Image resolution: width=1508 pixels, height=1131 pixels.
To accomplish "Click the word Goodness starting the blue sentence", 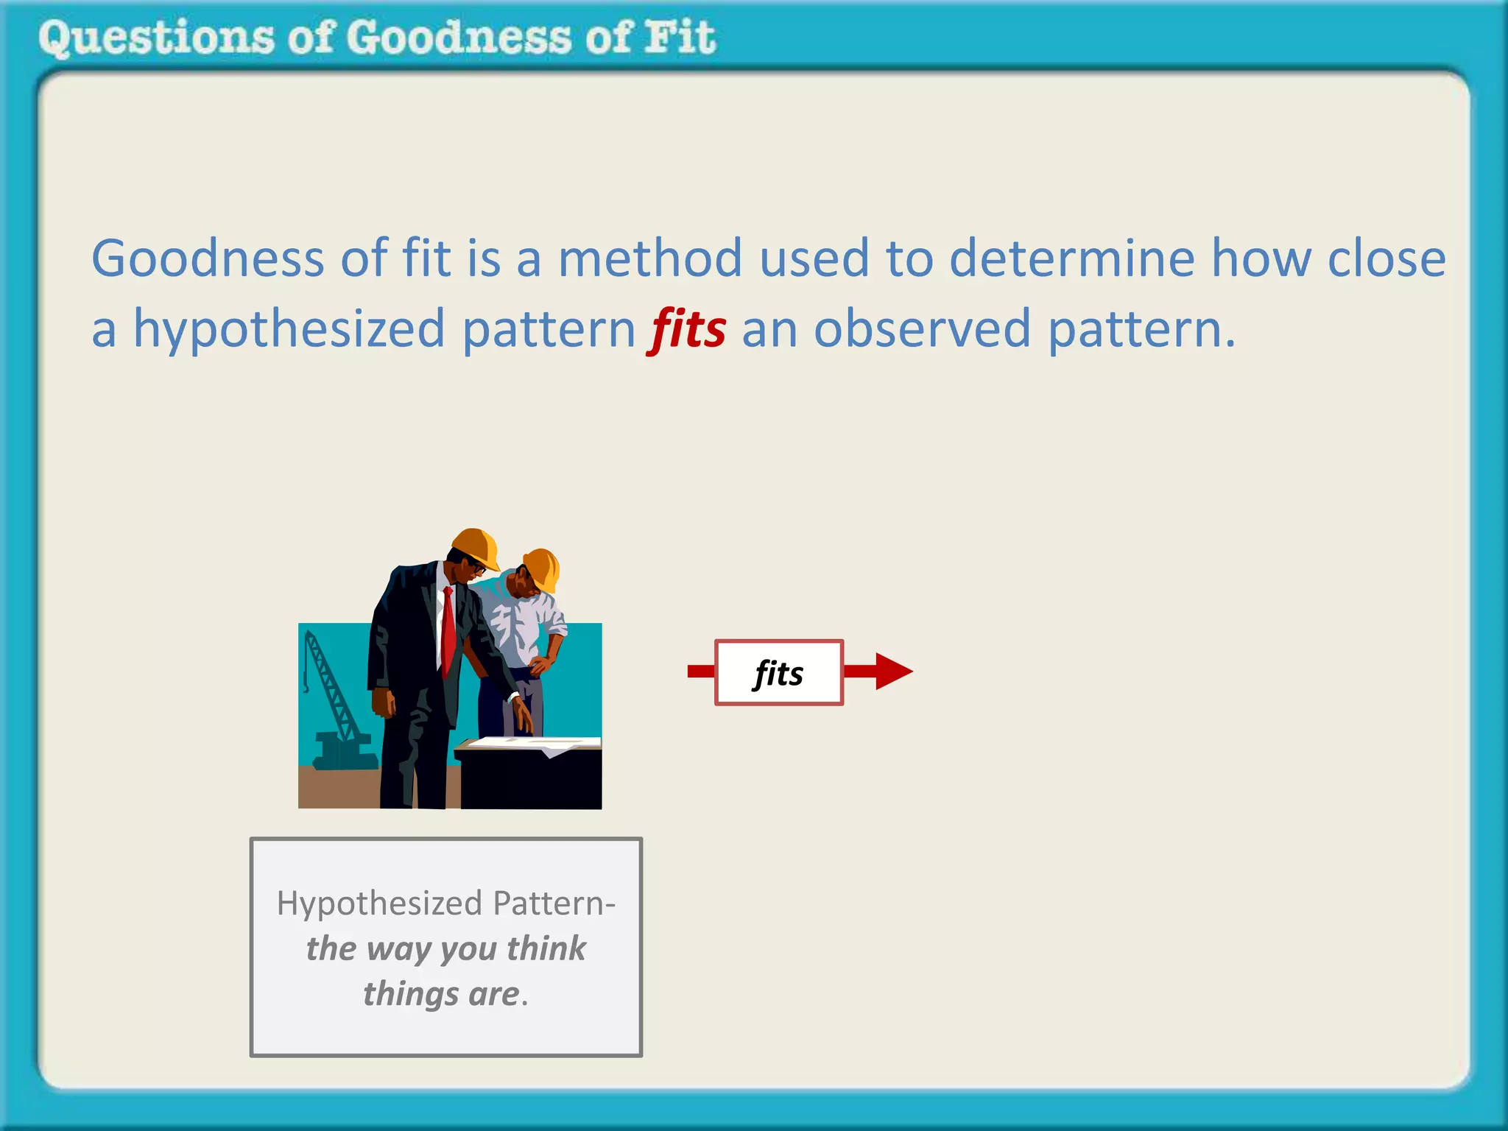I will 208,259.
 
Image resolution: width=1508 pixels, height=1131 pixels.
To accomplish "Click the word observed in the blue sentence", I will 922,329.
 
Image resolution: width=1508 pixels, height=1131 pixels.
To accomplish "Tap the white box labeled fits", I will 778,672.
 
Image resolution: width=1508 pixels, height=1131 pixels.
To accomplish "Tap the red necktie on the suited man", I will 448,630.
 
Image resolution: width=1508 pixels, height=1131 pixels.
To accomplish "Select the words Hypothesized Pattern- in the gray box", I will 446,903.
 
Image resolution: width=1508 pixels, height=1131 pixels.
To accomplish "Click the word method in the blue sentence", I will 649,259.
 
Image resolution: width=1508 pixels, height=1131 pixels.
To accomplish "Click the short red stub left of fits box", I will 700,671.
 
